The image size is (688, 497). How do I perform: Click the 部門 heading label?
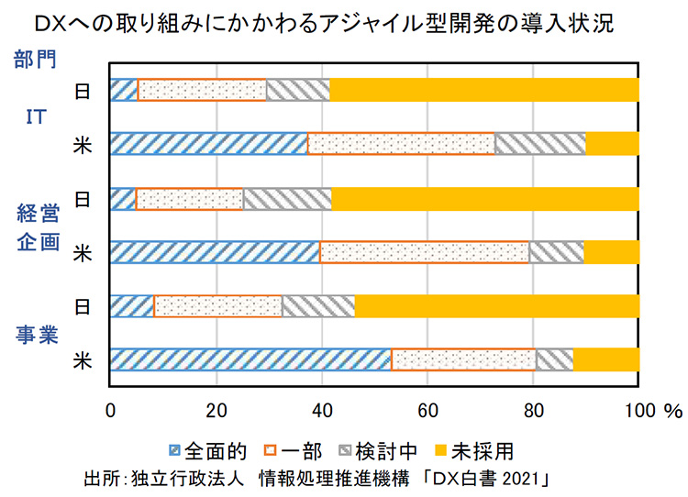(x=36, y=61)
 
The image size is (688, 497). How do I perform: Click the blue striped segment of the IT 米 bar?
(x=208, y=144)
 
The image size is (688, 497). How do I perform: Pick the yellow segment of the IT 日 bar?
(x=484, y=90)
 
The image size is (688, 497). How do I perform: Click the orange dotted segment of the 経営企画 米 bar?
(x=424, y=251)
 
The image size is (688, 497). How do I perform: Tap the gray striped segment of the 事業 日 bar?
(x=317, y=305)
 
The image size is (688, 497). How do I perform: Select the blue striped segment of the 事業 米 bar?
(x=250, y=359)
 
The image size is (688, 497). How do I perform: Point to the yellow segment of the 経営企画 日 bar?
(x=484, y=198)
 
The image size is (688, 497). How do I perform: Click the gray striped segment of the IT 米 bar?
(x=539, y=144)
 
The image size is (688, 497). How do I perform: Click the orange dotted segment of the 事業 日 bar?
(x=218, y=305)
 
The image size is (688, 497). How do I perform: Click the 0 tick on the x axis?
(x=111, y=407)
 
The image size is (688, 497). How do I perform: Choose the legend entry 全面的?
(x=208, y=451)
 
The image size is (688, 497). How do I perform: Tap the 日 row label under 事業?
(x=83, y=306)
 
